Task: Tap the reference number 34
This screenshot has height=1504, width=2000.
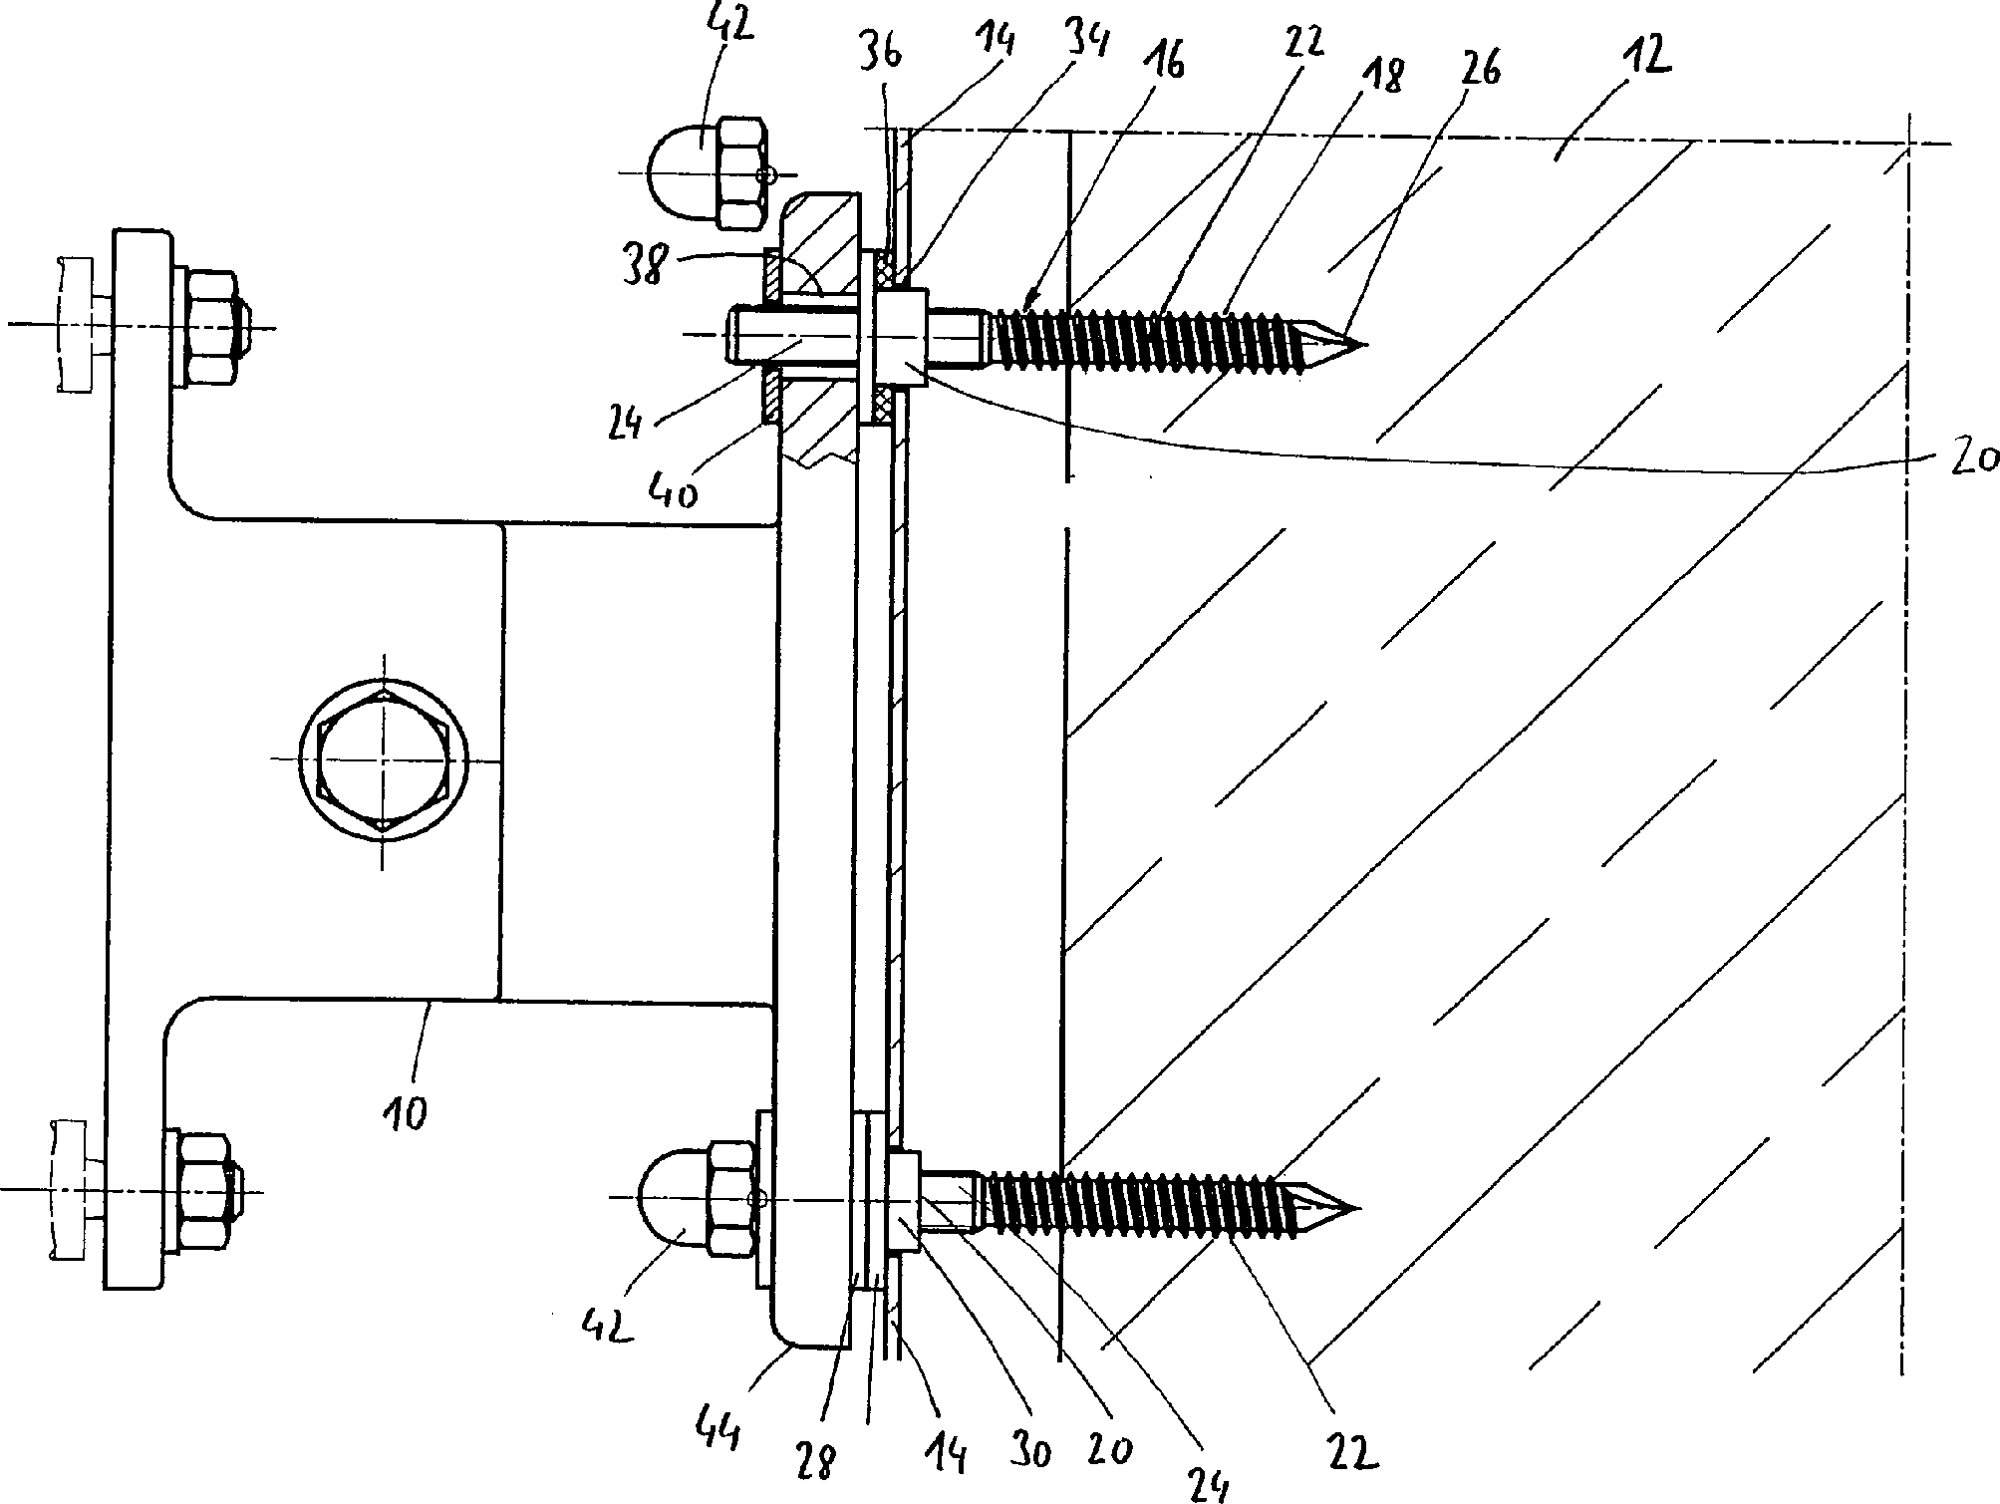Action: pos(1088,45)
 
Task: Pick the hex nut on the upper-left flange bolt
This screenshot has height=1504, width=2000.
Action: pos(207,326)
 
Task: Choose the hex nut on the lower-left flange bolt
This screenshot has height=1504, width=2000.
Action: pos(202,1191)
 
